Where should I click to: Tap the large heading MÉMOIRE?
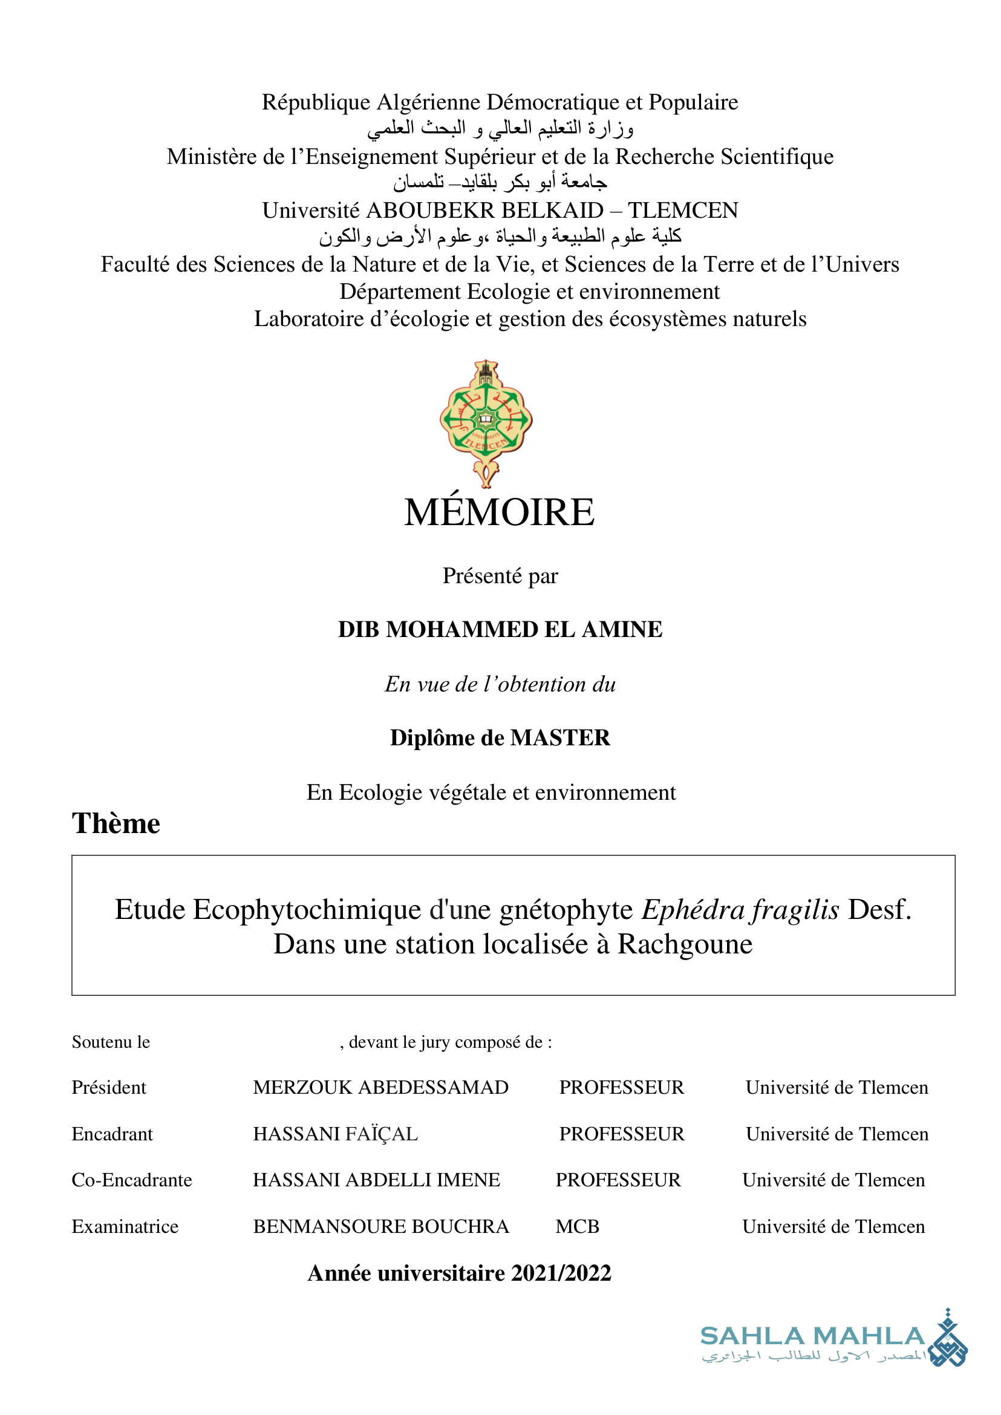(499, 512)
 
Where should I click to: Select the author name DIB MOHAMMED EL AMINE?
(500, 630)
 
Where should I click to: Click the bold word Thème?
(116, 824)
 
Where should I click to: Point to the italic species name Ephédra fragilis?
(740, 910)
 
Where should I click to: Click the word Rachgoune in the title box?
(685, 944)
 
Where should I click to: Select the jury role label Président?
(109, 1088)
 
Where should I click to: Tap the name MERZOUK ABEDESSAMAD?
(381, 1088)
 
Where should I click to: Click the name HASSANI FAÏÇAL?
(335, 1134)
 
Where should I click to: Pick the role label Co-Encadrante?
(132, 1180)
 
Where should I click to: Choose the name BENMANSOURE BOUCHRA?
(381, 1227)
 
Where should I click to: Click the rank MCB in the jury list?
(578, 1227)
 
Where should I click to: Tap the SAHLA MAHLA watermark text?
(812, 1336)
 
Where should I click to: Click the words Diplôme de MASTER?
(500, 738)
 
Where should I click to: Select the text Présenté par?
(500, 576)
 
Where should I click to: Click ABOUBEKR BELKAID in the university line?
(485, 211)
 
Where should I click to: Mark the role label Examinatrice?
(125, 1227)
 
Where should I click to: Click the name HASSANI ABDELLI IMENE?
(377, 1180)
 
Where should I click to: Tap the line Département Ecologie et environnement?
(529, 292)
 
